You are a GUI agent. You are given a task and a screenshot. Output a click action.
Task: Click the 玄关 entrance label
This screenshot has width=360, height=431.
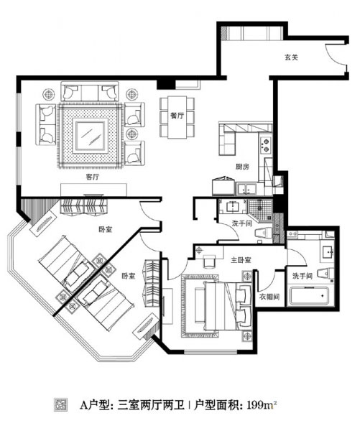(291, 57)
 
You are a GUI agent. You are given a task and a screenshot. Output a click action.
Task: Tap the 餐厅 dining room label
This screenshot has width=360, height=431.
(177, 116)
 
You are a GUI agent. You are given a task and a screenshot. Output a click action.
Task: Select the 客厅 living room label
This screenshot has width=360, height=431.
(93, 177)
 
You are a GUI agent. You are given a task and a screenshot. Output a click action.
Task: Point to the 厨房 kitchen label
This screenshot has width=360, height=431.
(242, 167)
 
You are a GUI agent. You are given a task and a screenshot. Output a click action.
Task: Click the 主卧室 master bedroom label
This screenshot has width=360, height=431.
(241, 260)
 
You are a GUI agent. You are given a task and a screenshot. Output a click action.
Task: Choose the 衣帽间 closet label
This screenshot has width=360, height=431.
(269, 297)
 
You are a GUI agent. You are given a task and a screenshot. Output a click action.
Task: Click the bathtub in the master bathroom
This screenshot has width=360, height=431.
(308, 296)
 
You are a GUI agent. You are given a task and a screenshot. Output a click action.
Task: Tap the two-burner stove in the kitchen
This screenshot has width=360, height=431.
(266, 145)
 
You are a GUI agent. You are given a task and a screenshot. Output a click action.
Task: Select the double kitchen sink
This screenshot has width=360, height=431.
(246, 189)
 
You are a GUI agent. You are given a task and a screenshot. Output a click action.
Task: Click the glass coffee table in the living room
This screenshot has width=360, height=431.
(90, 136)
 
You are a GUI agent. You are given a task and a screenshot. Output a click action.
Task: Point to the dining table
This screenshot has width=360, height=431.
(177, 117)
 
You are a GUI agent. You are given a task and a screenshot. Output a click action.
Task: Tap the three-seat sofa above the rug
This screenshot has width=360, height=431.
(90, 92)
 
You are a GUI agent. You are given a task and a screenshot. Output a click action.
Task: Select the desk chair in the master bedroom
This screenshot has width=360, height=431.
(210, 261)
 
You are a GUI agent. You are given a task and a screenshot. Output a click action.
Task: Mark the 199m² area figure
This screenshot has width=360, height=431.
(262, 405)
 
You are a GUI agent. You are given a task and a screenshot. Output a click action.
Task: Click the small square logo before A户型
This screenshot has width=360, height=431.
(60, 404)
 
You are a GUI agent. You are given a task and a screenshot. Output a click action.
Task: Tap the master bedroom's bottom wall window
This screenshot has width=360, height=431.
(211, 351)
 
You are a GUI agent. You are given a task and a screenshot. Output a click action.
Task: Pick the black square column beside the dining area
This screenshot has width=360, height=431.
(166, 83)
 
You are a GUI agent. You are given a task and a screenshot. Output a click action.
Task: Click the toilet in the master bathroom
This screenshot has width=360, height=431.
(325, 273)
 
